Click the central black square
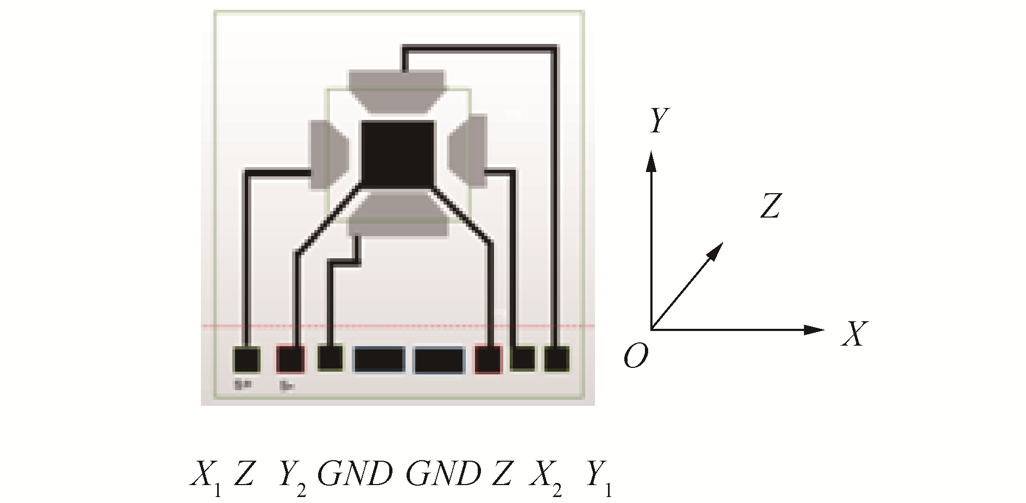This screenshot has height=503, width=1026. point(397,155)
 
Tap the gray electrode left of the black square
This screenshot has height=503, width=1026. point(328,155)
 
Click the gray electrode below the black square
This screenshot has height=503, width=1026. point(397,214)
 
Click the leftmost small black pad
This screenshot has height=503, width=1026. point(246,360)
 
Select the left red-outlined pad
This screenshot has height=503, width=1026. point(290,359)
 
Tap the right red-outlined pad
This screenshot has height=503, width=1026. point(488,359)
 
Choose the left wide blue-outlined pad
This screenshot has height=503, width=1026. point(379,360)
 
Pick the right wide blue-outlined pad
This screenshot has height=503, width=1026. point(439,360)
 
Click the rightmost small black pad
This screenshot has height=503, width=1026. point(556,359)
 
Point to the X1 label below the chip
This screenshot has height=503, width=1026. point(206,476)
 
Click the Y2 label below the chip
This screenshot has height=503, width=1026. point(292,476)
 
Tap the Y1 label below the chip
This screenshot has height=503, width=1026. point(598,476)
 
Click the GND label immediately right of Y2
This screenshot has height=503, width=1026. point(355,474)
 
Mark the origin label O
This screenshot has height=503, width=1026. point(636,356)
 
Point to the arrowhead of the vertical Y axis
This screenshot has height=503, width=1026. point(651,161)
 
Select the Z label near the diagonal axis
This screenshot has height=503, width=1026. point(771,206)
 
